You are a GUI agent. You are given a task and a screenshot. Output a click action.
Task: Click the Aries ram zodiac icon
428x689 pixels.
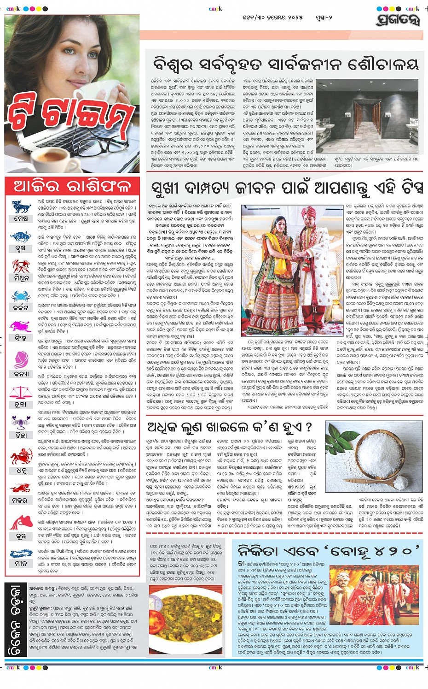click(x=21, y=206)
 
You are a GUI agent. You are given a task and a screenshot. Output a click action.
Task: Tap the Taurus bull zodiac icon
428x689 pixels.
click(x=21, y=237)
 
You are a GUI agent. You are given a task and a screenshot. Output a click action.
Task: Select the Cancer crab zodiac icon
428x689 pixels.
click(x=21, y=296)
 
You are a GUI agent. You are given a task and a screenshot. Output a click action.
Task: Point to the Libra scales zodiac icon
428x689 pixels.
click(x=21, y=393)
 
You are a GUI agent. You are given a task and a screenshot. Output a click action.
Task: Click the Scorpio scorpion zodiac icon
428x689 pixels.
click(x=21, y=422)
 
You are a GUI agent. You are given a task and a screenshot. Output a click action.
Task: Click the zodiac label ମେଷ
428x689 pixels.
click(x=21, y=218)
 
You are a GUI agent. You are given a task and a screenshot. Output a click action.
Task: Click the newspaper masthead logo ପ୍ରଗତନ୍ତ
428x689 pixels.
click(x=398, y=20)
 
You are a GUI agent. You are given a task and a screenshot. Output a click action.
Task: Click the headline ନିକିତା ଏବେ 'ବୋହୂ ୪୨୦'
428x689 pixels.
click(x=329, y=550)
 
